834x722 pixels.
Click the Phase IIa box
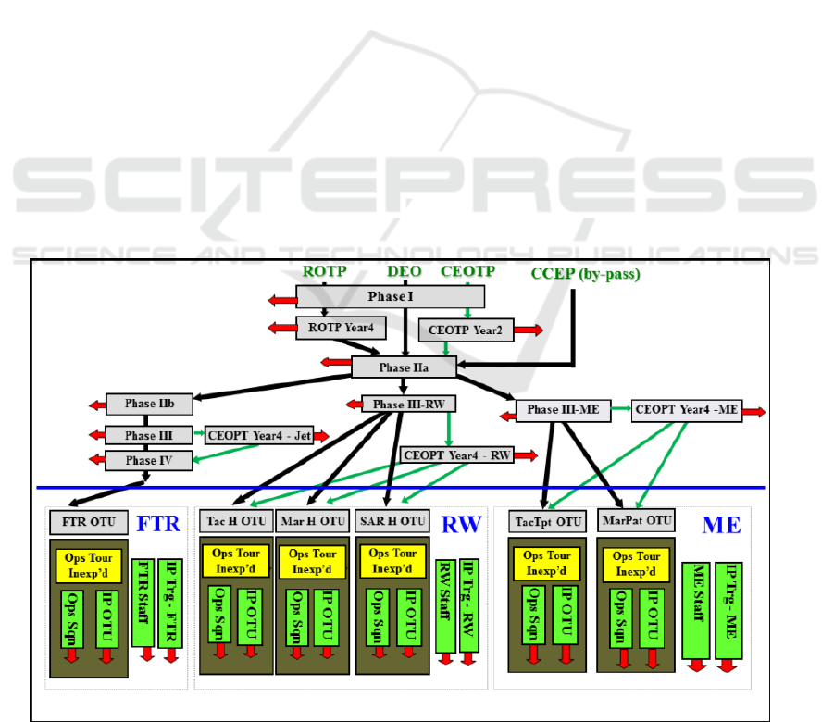click(405, 367)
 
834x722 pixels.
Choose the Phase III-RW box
click(402, 405)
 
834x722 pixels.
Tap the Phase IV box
click(148, 460)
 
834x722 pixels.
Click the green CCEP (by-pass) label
click(585, 274)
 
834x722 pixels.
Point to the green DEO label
click(405, 271)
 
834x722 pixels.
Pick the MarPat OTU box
click(636, 520)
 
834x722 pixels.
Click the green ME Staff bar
click(697, 609)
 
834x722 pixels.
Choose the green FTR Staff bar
click(143, 602)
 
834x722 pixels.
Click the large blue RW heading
click(460, 524)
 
